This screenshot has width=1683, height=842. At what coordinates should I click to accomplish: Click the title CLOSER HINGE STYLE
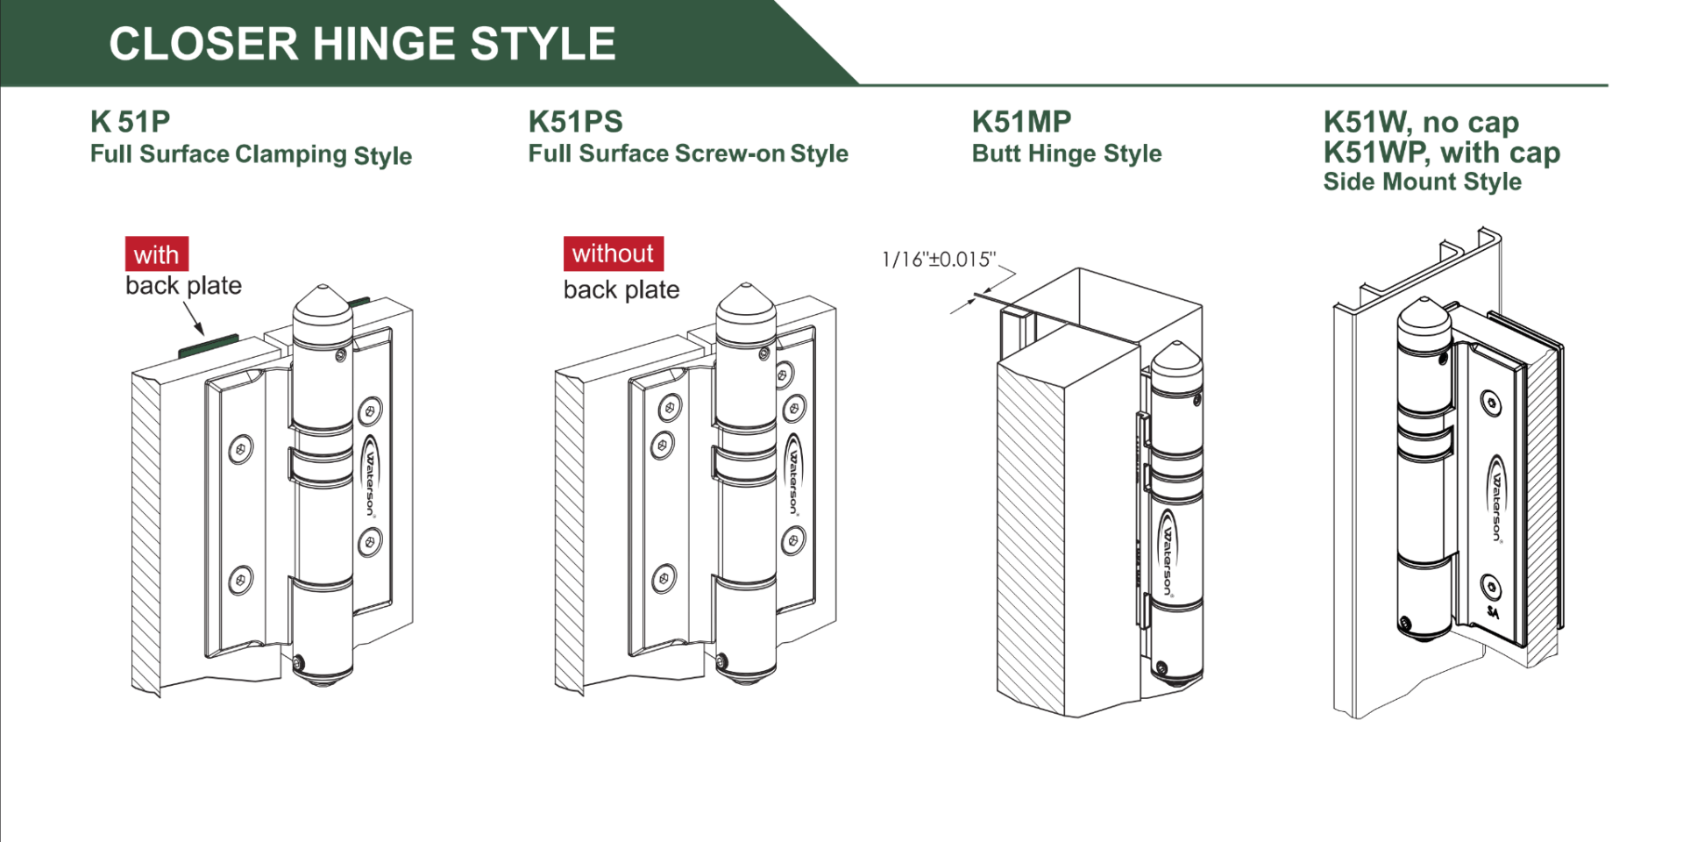(x=362, y=44)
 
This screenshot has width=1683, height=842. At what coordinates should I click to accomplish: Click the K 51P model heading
(x=130, y=122)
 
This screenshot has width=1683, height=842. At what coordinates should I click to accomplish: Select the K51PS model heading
(x=575, y=122)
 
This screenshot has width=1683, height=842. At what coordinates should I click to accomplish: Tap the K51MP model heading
(x=1021, y=122)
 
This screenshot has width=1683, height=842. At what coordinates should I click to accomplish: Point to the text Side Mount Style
(x=1422, y=182)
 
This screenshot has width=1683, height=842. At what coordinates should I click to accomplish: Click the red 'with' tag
(x=156, y=254)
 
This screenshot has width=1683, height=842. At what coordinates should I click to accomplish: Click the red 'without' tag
(x=613, y=253)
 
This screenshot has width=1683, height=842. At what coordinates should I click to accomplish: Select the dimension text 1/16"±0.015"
(x=939, y=260)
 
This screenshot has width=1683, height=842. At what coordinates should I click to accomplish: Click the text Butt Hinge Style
(x=1067, y=153)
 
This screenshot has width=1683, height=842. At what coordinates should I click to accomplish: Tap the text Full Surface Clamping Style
(x=251, y=154)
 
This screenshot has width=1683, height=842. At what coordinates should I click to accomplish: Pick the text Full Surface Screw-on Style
(x=688, y=153)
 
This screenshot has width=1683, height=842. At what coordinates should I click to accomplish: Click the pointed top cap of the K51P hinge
(x=323, y=303)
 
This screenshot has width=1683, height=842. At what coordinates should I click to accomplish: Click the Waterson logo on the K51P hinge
(x=370, y=478)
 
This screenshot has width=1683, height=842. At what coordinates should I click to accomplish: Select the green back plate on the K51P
(x=209, y=346)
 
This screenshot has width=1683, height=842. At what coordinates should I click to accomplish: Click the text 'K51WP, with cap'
(x=1441, y=153)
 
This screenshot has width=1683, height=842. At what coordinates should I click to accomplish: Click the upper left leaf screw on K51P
(x=241, y=449)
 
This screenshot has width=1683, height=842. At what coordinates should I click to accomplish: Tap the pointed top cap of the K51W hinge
(x=1423, y=314)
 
